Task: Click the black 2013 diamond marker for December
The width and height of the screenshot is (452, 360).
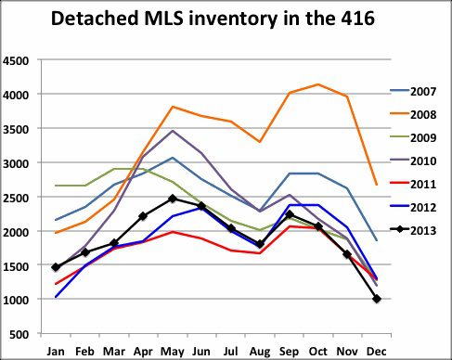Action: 377,299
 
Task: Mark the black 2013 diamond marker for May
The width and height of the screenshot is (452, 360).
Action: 172,199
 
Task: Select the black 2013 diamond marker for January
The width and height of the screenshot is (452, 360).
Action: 55,267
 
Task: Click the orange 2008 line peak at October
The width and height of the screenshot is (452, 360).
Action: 318,85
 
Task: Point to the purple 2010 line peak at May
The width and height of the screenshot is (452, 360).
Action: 172,131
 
